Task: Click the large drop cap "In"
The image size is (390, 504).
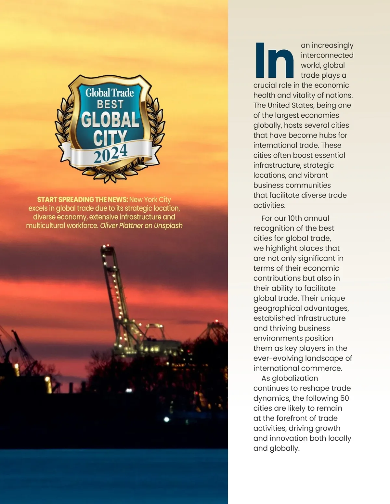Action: [274, 60]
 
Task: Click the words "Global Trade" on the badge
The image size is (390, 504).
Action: [110, 93]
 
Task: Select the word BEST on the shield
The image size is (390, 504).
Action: [110, 105]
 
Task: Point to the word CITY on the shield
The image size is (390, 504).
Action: [110, 137]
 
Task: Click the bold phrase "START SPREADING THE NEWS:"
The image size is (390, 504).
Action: [83, 200]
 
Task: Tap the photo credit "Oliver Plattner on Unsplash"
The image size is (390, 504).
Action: [141, 226]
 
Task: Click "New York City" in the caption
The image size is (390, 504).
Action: [150, 200]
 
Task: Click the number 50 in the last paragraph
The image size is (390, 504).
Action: [344, 398]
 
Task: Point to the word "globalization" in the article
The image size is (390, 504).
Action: [295, 378]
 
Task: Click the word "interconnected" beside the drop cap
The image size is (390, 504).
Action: [327, 55]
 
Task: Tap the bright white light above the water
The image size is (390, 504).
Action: [167, 419]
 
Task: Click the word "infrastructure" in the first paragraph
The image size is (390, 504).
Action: [277, 165]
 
